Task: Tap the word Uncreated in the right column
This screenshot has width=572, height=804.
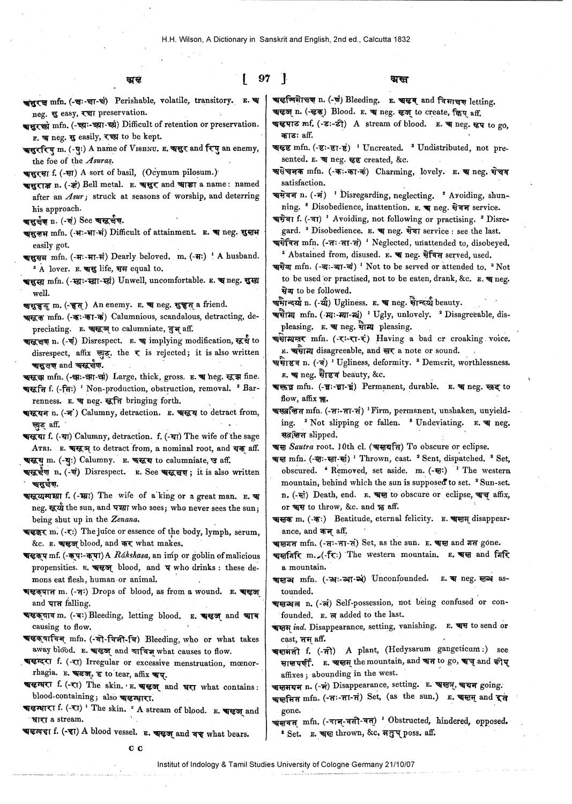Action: tap(383, 147)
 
